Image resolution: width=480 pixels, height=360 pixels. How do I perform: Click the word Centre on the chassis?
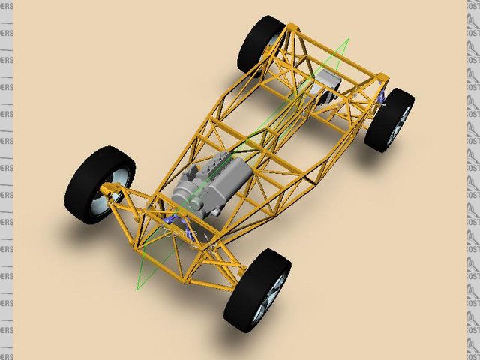[180, 235]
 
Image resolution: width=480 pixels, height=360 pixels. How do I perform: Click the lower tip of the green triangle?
[137, 289]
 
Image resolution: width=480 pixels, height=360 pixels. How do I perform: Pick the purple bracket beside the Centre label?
[173, 219]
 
